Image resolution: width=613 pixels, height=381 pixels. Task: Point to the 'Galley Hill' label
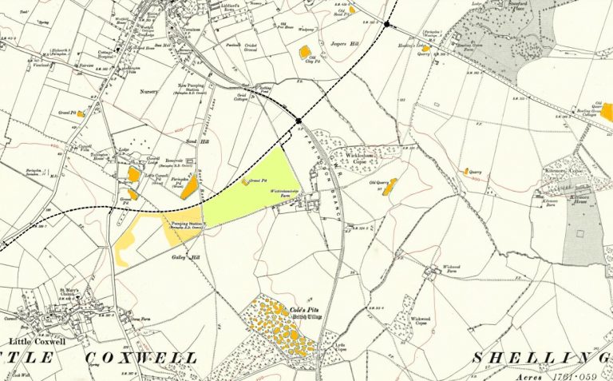tap(182, 259)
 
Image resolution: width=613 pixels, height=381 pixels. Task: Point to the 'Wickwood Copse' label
tap(421, 322)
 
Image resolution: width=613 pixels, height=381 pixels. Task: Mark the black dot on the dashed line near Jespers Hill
tap(386, 25)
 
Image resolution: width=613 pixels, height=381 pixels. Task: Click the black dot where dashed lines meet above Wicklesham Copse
tap(298, 121)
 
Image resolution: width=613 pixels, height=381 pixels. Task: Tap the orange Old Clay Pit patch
tap(304, 53)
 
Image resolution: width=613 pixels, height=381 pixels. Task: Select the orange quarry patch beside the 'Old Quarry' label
tap(390, 187)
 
